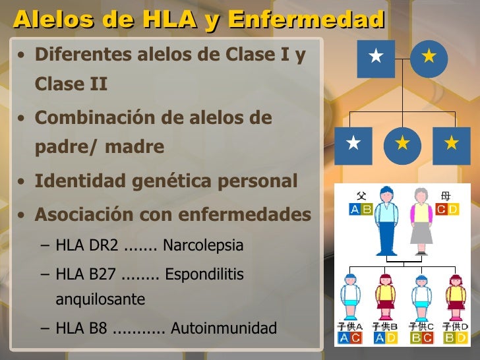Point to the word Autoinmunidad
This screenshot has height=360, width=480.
click(x=224, y=328)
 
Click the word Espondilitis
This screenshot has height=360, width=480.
click(x=204, y=274)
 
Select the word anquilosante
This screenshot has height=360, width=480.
click(x=100, y=299)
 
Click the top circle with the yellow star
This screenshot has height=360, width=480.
click(x=429, y=58)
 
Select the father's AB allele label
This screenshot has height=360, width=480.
click(x=361, y=210)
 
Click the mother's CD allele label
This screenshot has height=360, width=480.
click(x=447, y=210)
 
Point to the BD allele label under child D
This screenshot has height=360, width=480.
click(x=455, y=338)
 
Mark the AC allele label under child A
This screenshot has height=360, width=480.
click(x=350, y=338)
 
